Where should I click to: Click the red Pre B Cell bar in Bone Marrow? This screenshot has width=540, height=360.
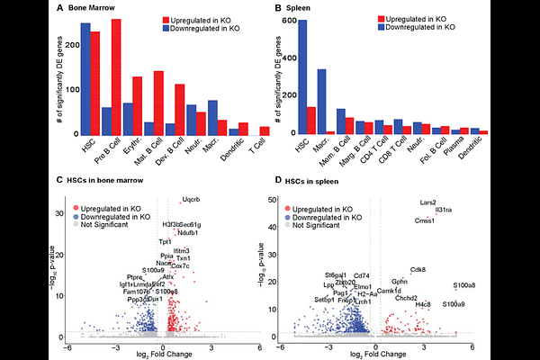click(116, 76)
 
